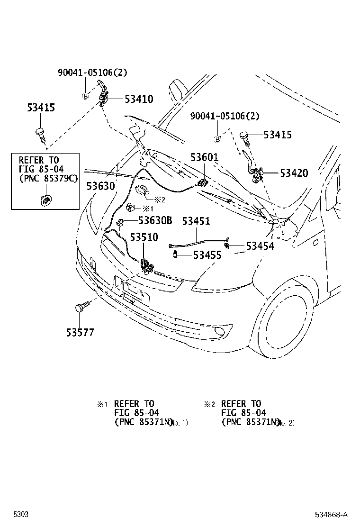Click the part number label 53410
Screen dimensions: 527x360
[x=139, y=99]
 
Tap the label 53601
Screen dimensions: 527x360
[x=205, y=157]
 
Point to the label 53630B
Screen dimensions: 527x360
[x=155, y=220]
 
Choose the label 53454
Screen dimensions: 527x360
[x=260, y=246]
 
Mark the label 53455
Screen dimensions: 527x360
[x=207, y=255]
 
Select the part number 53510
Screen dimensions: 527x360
[x=144, y=237]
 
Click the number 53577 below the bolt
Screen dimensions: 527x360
[x=80, y=332]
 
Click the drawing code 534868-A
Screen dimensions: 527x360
[x=332, y=514]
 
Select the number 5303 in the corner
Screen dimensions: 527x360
[x=21, y=514]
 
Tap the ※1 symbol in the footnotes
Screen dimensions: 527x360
[x=103, y=404]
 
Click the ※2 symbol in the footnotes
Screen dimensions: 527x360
[x=209, y=404]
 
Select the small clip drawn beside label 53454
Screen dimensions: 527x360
[x=228, y=245]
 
